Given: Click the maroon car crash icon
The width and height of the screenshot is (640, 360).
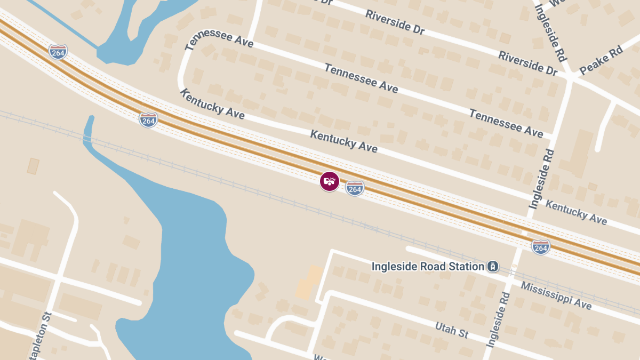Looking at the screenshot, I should click(330, 181).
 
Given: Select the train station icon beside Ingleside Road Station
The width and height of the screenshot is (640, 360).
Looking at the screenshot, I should click(493, 266).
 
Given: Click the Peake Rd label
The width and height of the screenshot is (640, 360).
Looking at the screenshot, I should click(601, 60).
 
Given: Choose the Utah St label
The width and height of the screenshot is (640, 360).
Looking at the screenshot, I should click(451, 330).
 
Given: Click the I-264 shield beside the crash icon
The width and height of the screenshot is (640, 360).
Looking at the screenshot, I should click(355, 188).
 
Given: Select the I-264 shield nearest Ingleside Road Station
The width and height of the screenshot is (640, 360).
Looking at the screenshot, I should click(540, 247).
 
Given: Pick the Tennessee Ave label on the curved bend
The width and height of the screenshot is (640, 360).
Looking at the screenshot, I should click(219, 39).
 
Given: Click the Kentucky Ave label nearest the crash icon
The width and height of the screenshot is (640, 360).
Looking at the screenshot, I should click(344, 141).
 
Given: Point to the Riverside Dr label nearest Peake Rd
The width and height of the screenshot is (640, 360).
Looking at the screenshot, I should click(527, 63).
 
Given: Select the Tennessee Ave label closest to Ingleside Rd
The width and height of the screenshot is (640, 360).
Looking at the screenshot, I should click(506, 123).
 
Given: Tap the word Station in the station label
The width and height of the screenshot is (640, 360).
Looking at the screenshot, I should click(463, 266).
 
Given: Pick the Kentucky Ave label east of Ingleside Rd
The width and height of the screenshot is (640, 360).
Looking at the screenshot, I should click(576, 212).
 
